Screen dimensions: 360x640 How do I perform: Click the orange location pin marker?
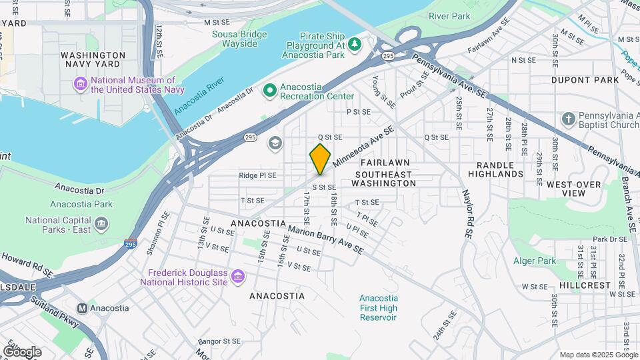tap(320, 159)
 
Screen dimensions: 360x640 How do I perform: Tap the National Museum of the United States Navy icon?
tap(81, 84)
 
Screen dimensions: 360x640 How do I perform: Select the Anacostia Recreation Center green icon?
tap(270, 91)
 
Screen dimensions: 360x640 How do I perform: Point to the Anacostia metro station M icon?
tap(83, 308)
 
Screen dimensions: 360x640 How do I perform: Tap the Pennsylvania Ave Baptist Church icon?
tap(568, 119)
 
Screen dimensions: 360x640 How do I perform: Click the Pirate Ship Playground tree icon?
tap(355, 45)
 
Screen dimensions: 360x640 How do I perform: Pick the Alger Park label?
tap(535, 261)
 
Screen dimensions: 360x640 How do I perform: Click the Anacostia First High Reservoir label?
tap(378, 307)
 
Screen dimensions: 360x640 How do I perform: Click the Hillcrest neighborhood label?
tap(585, 285)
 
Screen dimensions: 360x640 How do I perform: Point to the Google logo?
tap(21, 351)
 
